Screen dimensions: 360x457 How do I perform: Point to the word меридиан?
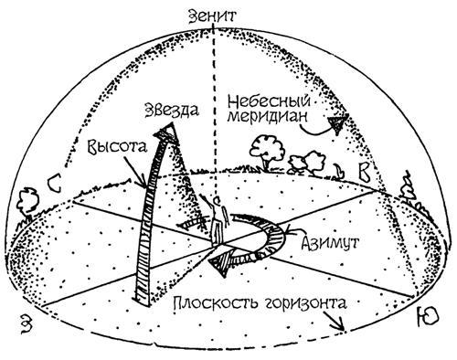261,119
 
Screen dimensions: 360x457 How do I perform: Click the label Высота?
112,147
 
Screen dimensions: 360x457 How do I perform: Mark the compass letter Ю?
426,316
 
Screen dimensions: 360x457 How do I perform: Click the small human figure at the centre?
218,213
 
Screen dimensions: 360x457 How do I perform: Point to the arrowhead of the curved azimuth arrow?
217,269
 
